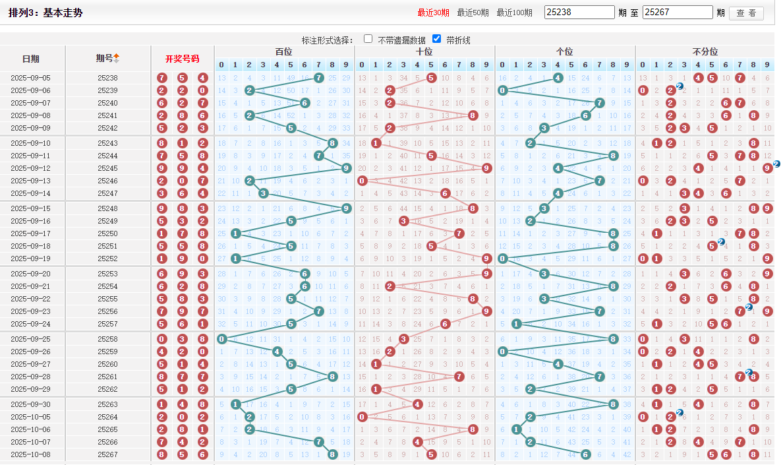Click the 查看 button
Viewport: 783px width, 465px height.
746,13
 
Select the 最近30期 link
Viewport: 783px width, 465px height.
433,13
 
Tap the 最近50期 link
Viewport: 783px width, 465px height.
473,13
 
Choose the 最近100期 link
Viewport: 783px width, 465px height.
514,13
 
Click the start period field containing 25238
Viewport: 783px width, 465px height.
580,13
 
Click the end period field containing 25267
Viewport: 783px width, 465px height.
678,13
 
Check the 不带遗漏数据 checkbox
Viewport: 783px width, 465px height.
368,39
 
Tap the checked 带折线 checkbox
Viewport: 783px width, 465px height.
436,39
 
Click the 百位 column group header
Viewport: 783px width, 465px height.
284,52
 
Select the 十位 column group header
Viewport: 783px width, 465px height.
424,52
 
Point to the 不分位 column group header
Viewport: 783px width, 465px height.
705,52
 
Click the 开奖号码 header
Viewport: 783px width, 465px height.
182,59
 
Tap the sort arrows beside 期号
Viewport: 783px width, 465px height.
117,59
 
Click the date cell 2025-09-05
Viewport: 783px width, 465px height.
30,78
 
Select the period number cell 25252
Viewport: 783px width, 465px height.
107,259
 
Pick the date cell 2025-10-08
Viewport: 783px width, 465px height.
30,454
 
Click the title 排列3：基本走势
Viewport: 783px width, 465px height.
45,13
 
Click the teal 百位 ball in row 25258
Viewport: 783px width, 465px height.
221,339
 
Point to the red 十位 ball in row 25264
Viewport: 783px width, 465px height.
362,417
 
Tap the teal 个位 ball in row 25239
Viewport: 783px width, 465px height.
502,90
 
